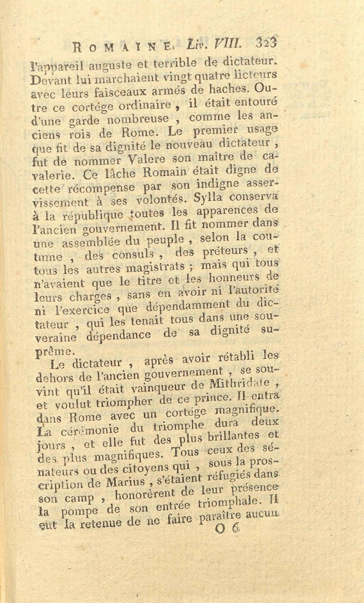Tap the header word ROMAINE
click(x=121, y=47)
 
